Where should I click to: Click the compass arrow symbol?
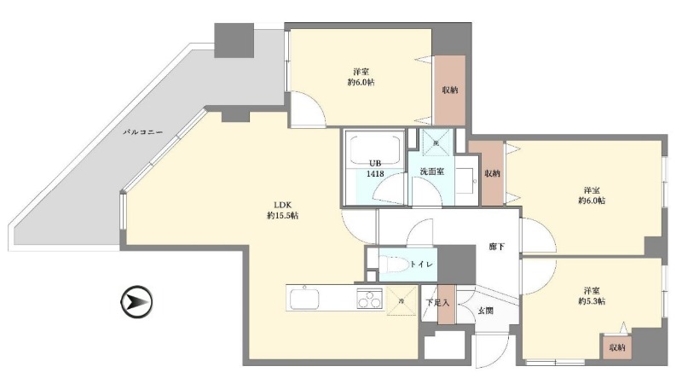coord(136,302)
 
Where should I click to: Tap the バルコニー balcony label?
coord(142,131)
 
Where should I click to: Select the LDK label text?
coord(282,205)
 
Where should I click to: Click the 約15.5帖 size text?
coord(282,216)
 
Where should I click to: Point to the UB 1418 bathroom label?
coord(375,168)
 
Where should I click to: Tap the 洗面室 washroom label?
coord(432,172)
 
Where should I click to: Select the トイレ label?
coord(421,264)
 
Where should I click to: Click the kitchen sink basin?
coord(304,299)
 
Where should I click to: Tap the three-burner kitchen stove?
coord(370,298)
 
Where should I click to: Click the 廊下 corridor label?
coord(496,247)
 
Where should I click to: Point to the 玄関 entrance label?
coord(485,311)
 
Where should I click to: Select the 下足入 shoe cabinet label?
coord(437,303)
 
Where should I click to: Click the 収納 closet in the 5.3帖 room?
coord(617,347)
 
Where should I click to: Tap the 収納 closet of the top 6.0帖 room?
coord(450,90)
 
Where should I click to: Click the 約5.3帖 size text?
coord(592,301)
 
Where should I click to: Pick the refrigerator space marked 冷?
coord(402,300)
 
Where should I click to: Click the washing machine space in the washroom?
coord(436,142)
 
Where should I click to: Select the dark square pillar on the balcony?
coord(234,40)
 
